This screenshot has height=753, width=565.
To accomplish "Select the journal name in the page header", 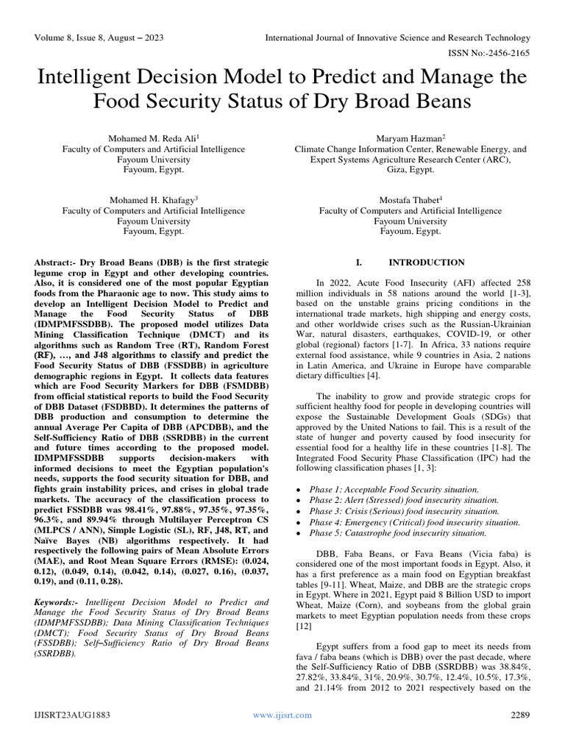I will point(397,38).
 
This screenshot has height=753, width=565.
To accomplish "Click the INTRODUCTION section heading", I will point(426,262).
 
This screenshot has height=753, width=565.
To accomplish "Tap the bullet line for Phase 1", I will point(394,489).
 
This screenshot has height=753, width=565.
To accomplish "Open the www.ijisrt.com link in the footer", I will point(282,735).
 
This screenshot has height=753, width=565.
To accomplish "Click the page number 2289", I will point(520,735).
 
